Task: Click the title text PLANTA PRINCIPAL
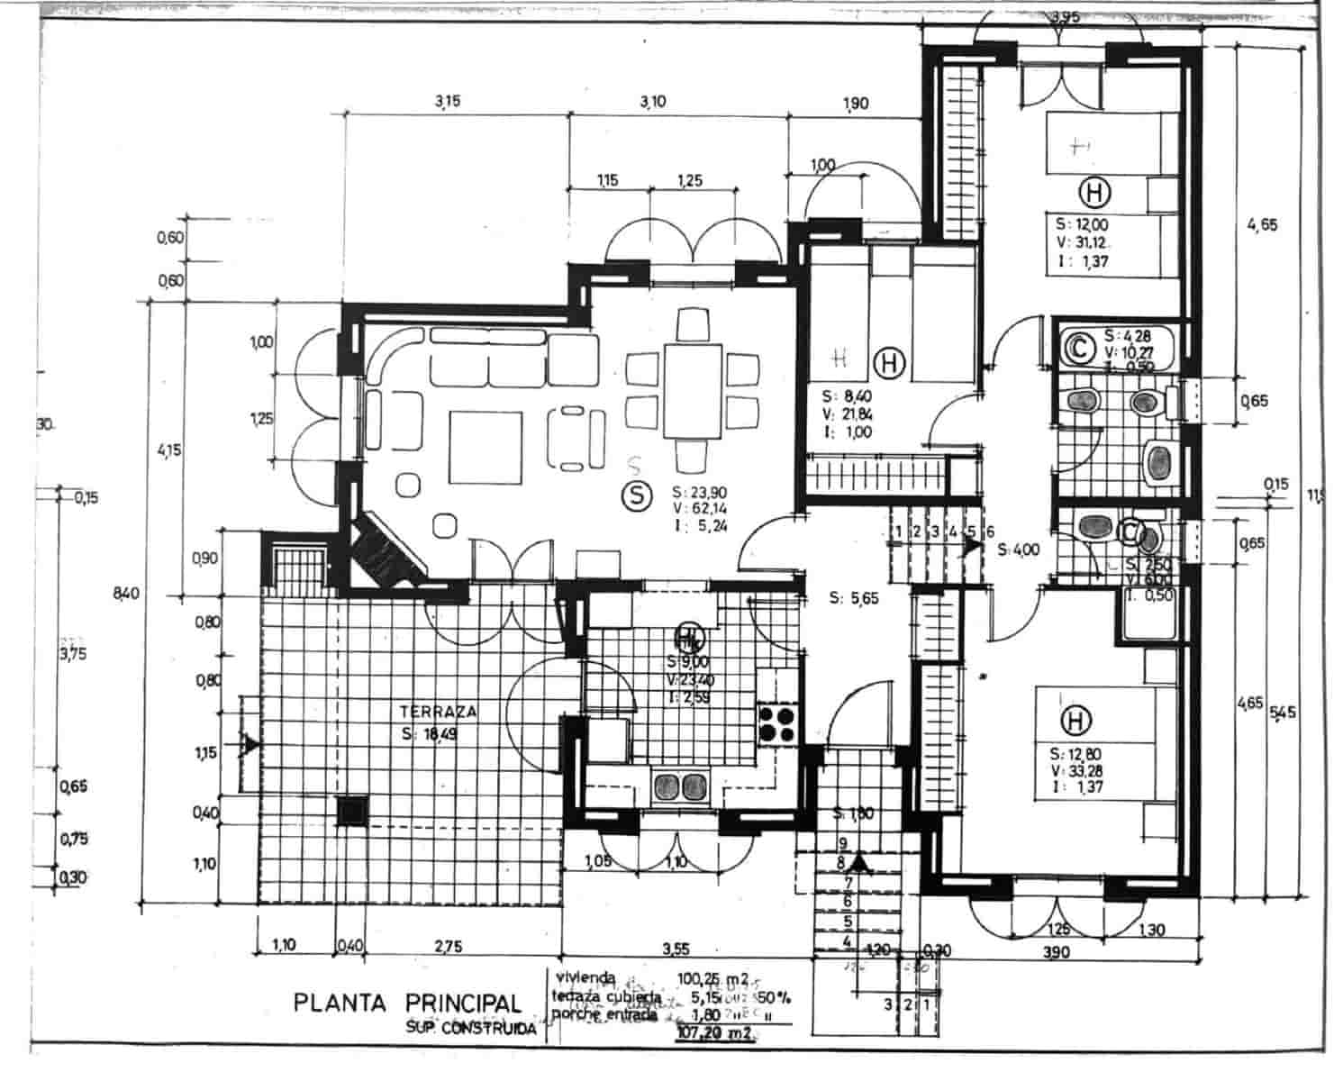pos(407,1003)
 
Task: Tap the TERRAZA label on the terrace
pos(439,712)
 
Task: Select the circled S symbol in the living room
pos(638,495)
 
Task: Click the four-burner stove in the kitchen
pos(778,724)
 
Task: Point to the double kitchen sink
pos(680,786)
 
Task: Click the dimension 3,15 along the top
pos(448,102)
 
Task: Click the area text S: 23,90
pos(699,492)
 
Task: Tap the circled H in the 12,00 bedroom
pos(1095,192)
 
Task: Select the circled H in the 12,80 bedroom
pos(1074,721)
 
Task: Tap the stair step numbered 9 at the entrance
pos(843,843)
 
